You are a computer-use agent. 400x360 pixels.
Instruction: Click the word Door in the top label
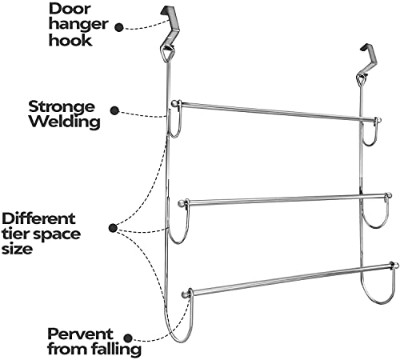pos(70,9)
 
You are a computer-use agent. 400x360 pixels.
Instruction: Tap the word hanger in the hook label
pos(78,25)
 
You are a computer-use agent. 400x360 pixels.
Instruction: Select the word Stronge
pos(62,107)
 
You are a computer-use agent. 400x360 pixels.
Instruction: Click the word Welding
pos(65,122)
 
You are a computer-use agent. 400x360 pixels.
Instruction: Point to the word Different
pos(38,218)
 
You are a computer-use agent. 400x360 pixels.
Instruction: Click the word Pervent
pos(80,334)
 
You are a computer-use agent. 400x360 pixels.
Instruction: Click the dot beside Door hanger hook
pos(119,27)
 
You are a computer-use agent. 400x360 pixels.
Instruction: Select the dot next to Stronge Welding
pos(114,110)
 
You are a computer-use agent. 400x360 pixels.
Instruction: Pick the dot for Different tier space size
pos(113,228)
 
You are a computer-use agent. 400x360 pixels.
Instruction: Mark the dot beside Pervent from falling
pos(129,338)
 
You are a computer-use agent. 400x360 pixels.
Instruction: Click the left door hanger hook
pos(168,26)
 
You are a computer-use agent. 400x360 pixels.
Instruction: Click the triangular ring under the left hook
pos(166,54)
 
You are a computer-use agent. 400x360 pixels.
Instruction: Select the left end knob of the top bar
pos(174,103)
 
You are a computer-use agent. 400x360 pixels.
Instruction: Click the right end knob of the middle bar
pos(389,195)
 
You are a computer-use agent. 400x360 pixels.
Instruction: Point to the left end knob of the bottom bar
pos(185,295)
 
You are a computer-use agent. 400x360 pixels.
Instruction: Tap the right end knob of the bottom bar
pos(396,266)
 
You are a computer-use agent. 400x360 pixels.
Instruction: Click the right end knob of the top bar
pos(379,120)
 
